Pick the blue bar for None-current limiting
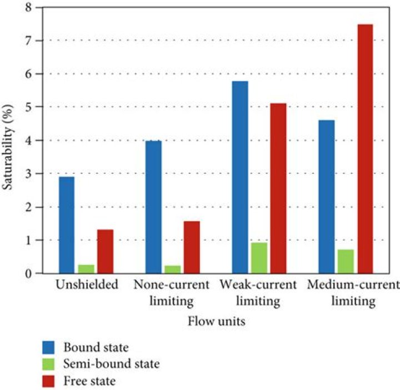click(153, 207)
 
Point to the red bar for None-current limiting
click(192, 247)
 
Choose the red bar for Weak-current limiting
click(278, 188)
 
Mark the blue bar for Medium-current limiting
click(326, 197)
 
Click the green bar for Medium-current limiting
click(346, 261)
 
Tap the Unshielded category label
click(87, 286)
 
